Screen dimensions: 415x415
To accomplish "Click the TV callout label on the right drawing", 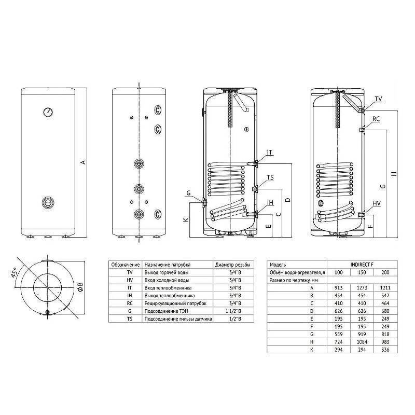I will click(x=378, y=99).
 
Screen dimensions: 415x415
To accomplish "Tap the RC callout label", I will click(x=376, y=119).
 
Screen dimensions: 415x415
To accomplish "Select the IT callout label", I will click(x=270, y=152).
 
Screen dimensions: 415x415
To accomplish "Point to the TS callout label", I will click(x=270, y=177).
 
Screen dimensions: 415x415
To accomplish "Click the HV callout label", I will click(x=377, y=204).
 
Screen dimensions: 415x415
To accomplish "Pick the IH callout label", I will click(x=270, y=202).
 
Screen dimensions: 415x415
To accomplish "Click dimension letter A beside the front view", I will click(x=82, y=162).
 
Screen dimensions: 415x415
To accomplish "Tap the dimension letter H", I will click(x=394, y=173).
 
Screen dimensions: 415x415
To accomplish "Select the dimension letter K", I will click(x=186, y=220).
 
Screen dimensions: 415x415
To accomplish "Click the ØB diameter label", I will click(x=79, y=287).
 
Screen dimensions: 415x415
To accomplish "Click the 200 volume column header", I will click(x=384, y=272).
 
